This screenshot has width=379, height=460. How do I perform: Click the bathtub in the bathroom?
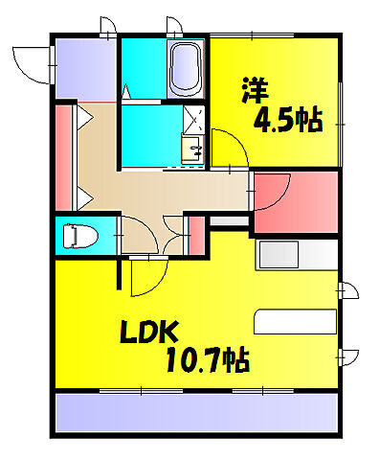point(186,69)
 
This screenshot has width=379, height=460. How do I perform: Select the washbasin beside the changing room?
point(191,149)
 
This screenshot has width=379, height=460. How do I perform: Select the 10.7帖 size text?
point(207,361)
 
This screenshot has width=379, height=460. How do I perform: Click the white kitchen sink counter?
point(296,258)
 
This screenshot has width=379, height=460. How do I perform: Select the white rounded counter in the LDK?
point(295,321)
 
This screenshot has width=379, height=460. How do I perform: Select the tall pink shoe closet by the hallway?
point(65,157)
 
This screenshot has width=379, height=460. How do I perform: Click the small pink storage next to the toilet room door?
point(195,237)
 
